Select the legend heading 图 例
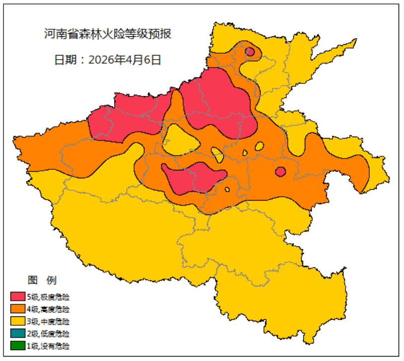coord(42,280)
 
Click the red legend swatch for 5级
coord(18,297)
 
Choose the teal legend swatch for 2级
coord(18,333)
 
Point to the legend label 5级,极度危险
coord(48,297)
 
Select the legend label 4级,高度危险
coord(48,309)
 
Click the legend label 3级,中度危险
coord(48,321)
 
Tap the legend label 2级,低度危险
coord(48,333)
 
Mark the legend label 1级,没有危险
coord(48,346)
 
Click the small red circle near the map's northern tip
coord(250,52)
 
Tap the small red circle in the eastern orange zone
coord(280,172)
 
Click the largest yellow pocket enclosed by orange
coord(181,140)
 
